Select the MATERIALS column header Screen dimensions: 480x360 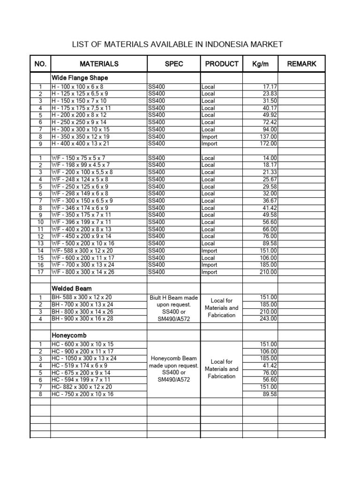pos(99,64)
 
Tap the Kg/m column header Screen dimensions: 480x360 pos(260,64)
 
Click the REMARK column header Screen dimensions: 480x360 pos(301,64)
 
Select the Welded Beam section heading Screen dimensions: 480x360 pos(71,288)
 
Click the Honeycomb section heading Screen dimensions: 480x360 pos(69,335)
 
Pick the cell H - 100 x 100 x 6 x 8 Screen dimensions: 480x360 pos(77,87)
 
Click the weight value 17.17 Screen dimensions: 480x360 pos(270,87)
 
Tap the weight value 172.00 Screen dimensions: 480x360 pos(269,144)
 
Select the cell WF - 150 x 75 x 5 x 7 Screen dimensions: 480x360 pos(78,158)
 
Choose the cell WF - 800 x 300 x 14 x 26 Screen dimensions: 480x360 pos(83,272)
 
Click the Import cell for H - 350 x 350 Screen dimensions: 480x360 pos(210,137)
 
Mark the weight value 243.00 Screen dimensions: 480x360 pos(269,319)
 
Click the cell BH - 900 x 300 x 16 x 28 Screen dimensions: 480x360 pos(82,319)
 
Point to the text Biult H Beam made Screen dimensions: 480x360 pos(174,298)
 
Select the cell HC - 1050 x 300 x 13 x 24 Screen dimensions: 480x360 pos(84,359)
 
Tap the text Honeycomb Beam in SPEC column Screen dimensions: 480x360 pos(174,358)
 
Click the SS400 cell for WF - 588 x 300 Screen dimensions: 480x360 pos(157,251)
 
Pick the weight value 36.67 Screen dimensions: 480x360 pos(270,201)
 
